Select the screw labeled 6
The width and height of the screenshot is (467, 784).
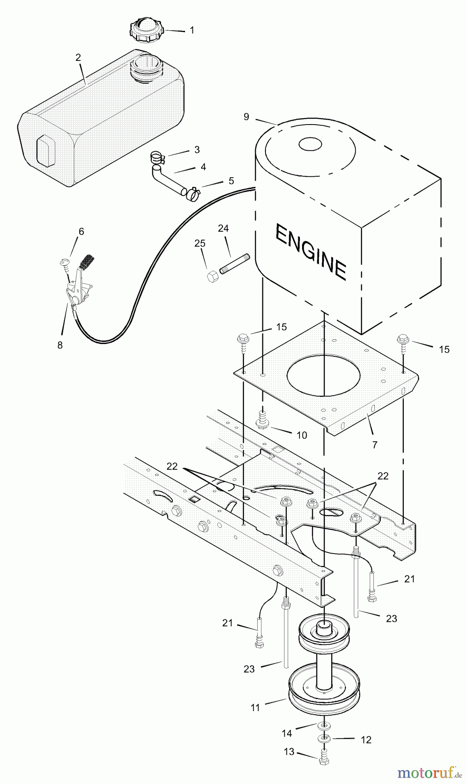click(64, 262)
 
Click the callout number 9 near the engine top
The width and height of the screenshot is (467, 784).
click(246, 116)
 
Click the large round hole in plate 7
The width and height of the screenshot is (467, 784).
click(324, 376)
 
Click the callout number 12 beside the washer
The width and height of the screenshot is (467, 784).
click(366, 740)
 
